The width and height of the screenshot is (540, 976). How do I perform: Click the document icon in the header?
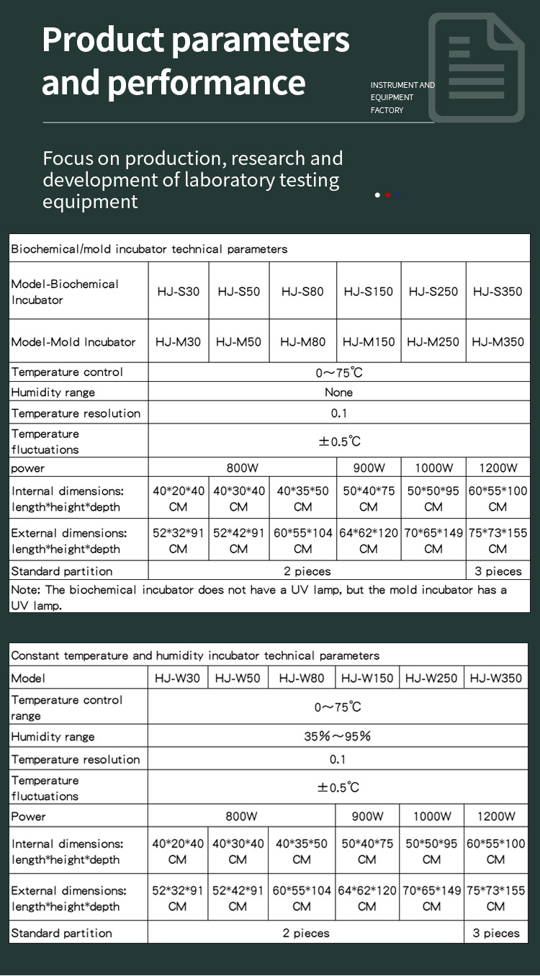pos(476,68)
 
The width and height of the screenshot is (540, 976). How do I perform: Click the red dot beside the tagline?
pos(388,195)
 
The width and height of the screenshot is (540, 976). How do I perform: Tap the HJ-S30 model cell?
pos(179,292)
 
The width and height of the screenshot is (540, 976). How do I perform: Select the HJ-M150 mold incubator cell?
pos(369,342)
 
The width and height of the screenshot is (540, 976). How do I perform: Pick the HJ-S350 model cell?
pos(498,292)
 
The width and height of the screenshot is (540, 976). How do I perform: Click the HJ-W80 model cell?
pos(302,678)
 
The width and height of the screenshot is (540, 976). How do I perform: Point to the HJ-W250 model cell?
pos(431,678)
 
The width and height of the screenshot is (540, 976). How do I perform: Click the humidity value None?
pos(338,393)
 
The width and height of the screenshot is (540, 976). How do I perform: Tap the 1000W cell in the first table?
pos(433,468)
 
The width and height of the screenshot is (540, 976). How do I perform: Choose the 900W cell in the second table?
pos(367,816)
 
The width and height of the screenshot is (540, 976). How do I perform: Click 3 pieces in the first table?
pos(498,571)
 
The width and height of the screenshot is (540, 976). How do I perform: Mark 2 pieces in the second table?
pos(306,933)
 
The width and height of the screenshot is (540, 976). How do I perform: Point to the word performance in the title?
pos(207,82)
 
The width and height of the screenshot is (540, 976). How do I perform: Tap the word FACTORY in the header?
pos(387,110)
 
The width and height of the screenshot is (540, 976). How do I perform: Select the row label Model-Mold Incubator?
pos(73,342)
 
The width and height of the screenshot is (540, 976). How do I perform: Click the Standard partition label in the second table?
pos(62,933)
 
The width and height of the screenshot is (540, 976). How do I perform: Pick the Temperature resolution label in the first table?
pos(76,413)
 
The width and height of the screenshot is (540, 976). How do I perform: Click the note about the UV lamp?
pos(259,597)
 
